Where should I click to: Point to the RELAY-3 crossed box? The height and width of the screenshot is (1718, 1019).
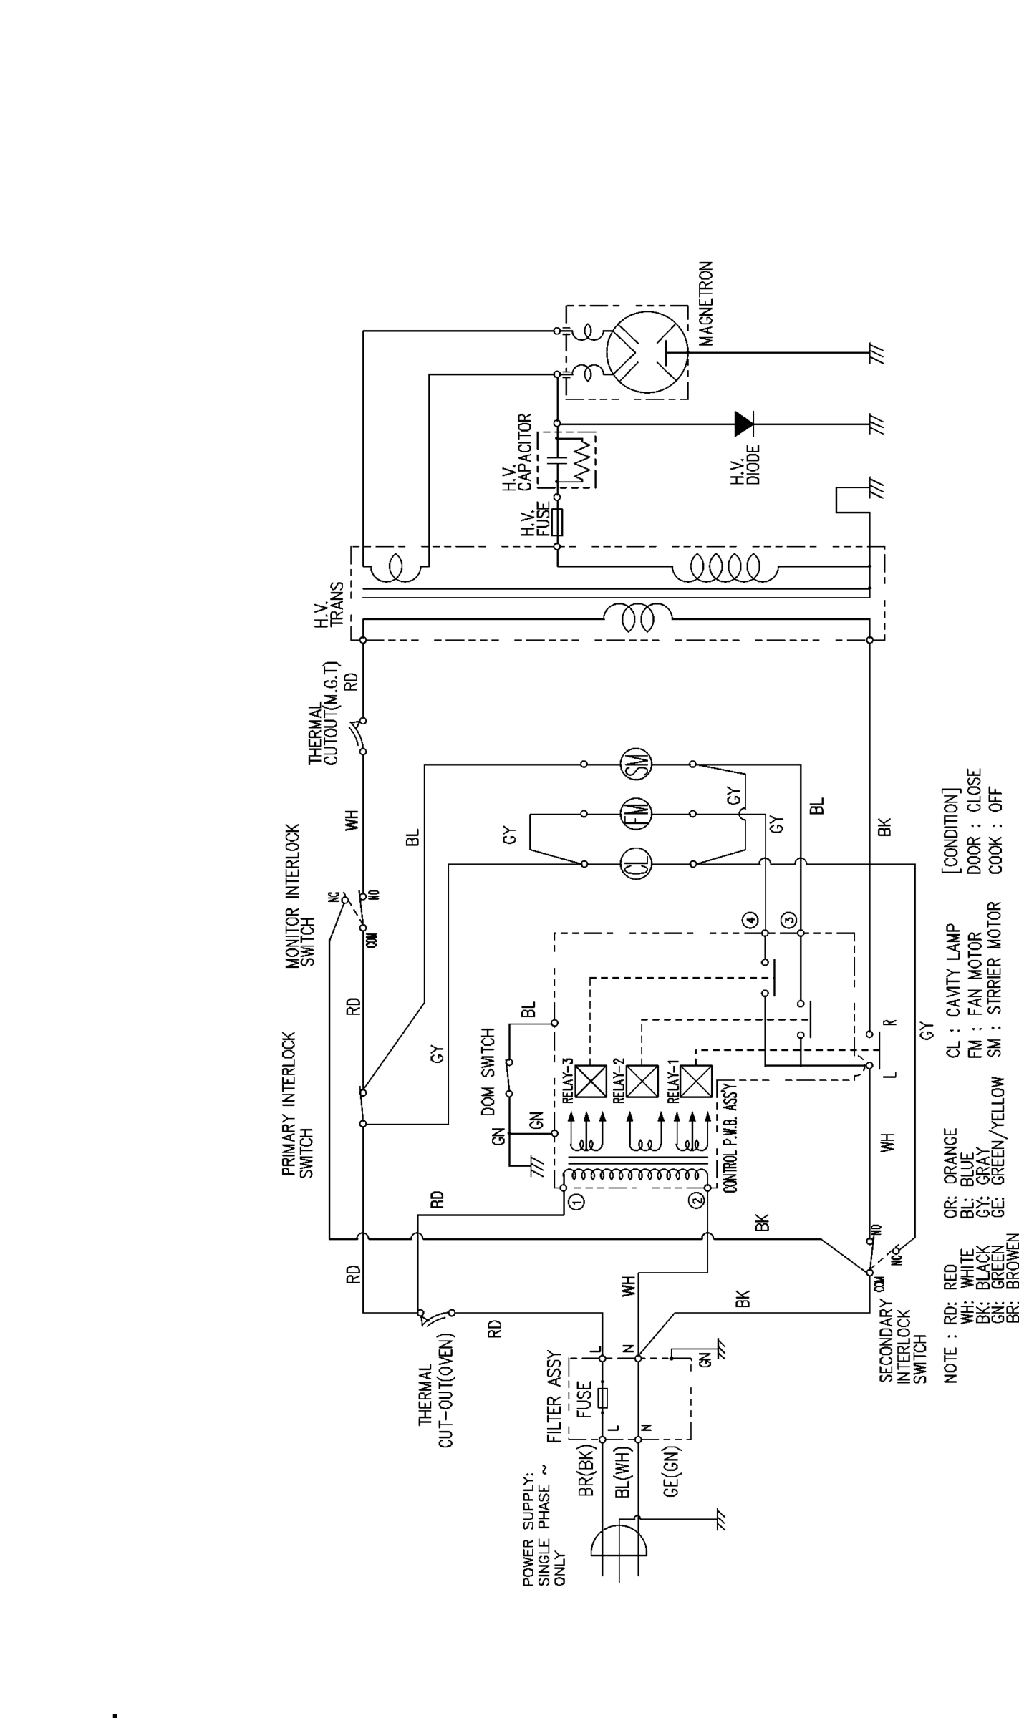point(591,1081)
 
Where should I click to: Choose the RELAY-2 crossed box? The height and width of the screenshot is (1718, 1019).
point(642,1081)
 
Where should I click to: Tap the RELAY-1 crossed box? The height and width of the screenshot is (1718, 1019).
point(696,1081)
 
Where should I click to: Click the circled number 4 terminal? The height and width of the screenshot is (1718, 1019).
point(750,920)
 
